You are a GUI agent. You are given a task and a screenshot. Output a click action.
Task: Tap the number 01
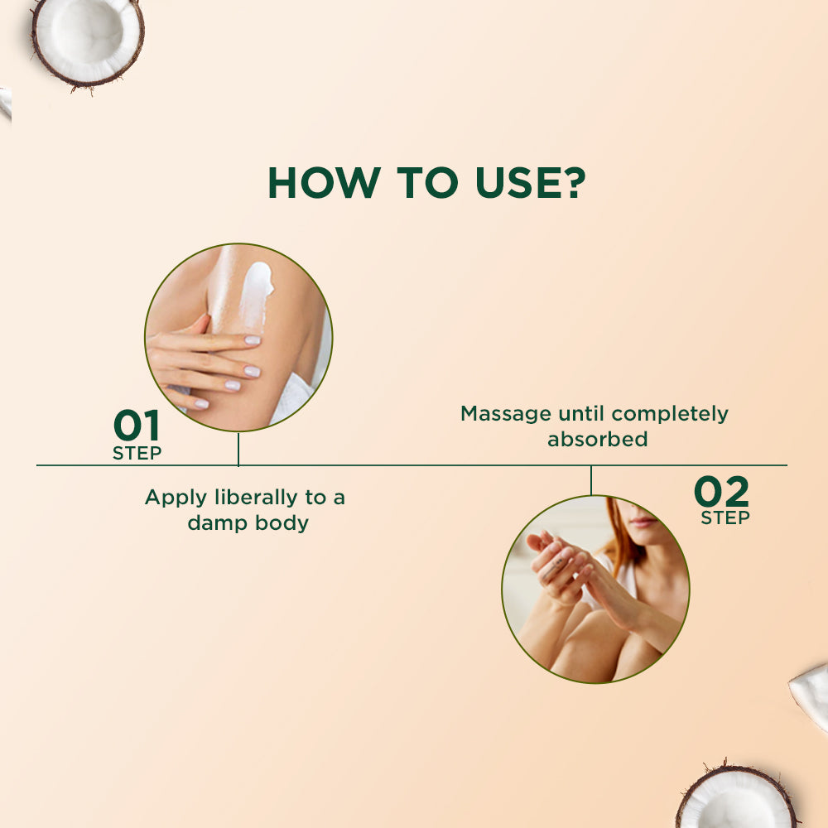pos(137,426)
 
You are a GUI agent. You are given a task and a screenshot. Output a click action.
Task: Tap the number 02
pos(721,493)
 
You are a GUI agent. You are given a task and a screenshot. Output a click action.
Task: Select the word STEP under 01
pos(137,453)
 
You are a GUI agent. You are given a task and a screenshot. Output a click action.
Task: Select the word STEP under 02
pos(725,518)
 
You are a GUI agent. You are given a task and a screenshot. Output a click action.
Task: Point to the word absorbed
pos(597,439)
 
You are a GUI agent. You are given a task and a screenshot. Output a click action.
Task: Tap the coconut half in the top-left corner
pos(87,40)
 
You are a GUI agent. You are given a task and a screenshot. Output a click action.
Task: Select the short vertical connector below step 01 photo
pos(238,449)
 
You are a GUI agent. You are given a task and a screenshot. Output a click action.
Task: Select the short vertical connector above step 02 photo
pos(591,480)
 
